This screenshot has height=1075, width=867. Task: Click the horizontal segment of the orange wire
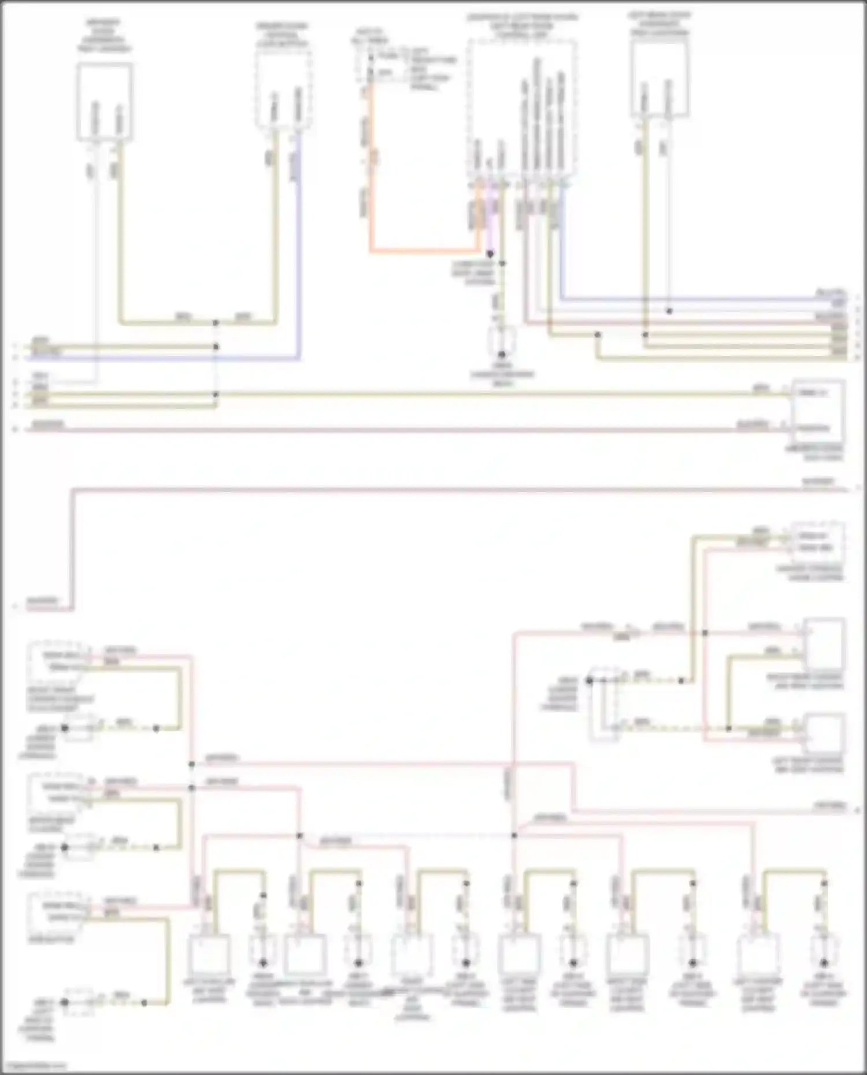point(425,252)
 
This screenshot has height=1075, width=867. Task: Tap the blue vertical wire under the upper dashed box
point(299,248)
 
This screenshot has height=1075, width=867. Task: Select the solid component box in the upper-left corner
point(105,102)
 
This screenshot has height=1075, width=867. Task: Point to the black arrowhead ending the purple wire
point(490,254)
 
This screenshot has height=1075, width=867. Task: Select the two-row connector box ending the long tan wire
point(817,411)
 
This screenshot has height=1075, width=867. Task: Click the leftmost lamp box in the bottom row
point(209,955)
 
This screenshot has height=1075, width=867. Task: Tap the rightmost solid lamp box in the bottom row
point(759,955)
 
